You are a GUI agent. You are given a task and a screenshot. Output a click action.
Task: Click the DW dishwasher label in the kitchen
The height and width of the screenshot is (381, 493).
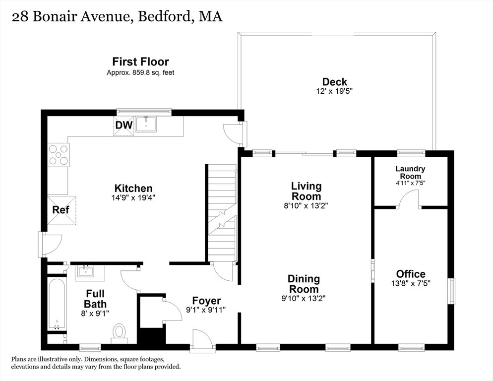pos(124,125)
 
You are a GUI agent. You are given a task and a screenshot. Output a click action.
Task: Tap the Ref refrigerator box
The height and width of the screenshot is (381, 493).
pos(62,210)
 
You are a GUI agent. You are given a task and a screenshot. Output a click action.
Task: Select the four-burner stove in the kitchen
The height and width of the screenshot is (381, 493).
pos(59,155)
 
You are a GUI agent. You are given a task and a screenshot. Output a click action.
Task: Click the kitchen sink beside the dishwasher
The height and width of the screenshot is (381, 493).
pos(146,125)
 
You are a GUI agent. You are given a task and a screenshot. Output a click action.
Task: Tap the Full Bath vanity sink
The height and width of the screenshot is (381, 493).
pos(85,271)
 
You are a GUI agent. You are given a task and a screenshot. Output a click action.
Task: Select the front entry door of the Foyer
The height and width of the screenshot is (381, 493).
pos(203,340)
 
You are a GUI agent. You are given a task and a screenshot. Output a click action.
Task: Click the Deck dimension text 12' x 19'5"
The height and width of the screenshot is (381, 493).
pos(334,91)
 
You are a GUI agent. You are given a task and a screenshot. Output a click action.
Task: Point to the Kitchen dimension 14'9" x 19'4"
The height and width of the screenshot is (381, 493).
pos(133,198)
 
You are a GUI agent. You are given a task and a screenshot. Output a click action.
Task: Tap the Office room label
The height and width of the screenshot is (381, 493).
pos(411,274)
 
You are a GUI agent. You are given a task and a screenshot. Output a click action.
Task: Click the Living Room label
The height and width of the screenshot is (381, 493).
pos(306,191)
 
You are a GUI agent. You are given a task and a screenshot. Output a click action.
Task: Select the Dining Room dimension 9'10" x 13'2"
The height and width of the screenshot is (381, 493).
pos(304,298)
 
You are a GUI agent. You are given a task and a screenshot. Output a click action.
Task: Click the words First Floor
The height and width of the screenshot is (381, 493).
pos(140,62)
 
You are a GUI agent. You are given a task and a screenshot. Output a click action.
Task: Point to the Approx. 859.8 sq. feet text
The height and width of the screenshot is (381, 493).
pos(140,72)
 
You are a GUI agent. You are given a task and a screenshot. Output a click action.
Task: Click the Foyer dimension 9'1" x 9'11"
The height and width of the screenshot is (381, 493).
pos(206,310)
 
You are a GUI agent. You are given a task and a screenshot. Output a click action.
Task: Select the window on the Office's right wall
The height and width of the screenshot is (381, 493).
pos(451,291)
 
